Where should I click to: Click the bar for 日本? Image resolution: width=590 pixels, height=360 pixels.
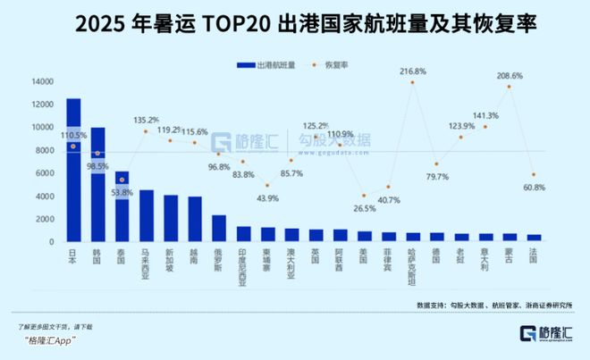(x=73, y=170)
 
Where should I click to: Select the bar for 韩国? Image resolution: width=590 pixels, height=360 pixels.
(x=97, y=184)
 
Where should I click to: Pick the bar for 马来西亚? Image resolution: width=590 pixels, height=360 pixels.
(x=146, y=215)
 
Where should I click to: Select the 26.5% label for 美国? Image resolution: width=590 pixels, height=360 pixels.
(x=364, y=209)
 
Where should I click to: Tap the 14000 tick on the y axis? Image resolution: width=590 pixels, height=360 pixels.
(x=42, y=81)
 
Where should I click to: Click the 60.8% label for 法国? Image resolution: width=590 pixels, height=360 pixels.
(x=534, y=187)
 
